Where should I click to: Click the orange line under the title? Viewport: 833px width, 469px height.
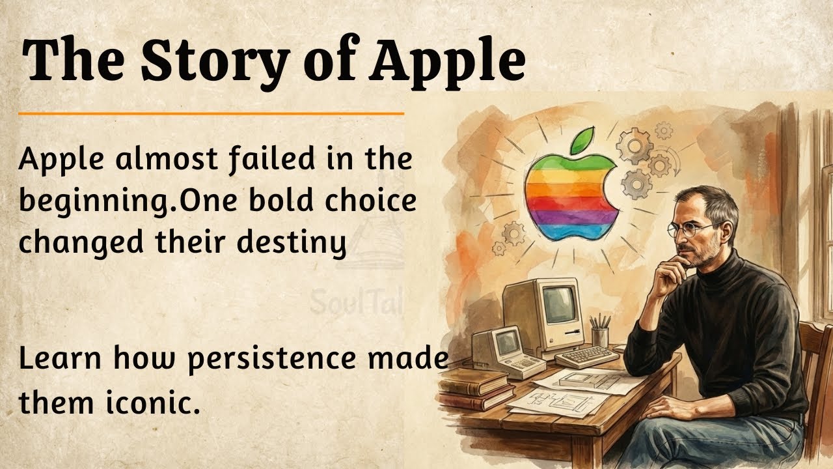tap(212, 113)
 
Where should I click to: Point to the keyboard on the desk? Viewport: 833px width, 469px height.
tap(586, 356)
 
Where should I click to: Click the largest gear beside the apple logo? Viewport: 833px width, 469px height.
tap(635, 147)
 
